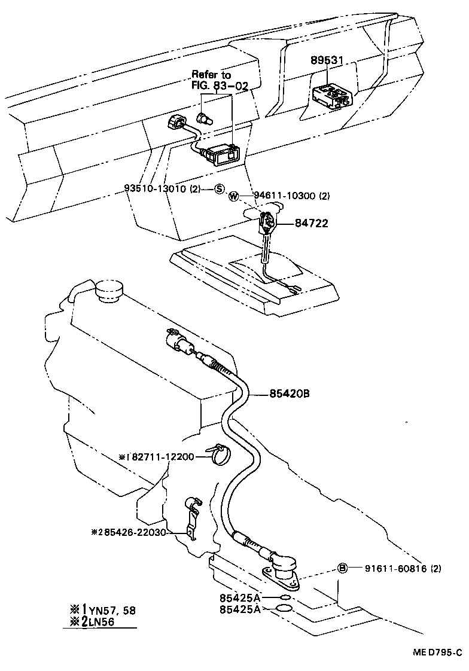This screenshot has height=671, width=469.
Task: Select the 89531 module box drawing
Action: click(331, 96)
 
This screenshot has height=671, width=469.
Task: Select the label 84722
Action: click(311, 224)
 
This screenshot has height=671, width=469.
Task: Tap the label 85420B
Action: click(289, 394)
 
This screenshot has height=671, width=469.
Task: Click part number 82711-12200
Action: click(161, 457)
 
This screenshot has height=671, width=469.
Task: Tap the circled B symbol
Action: click(343, 568)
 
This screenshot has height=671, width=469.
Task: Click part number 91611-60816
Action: click(395, 569)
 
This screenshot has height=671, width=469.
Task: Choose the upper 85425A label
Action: click(239, 597)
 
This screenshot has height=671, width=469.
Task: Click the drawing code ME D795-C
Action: click(437, 652)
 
